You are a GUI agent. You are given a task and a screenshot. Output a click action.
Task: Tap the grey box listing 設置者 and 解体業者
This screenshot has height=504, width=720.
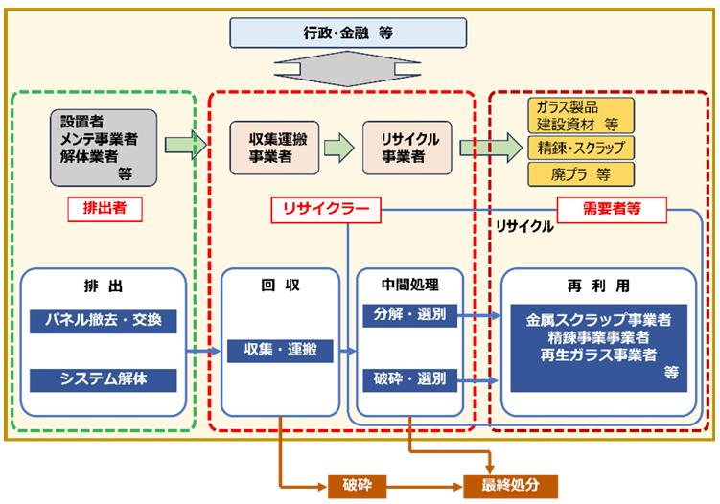(x=103, y=146)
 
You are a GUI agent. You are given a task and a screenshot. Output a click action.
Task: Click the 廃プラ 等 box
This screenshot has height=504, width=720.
(x=581, y=174)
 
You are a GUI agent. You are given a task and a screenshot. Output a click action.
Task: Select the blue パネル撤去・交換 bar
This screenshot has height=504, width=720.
(x=103, y=320)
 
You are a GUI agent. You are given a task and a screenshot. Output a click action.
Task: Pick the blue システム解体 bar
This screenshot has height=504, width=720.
(x=103, y=380)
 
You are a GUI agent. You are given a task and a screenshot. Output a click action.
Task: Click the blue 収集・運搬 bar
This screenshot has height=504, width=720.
(x=279, y=351)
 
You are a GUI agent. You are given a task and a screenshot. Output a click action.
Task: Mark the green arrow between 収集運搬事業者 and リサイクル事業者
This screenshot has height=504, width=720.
(x=337, y=147)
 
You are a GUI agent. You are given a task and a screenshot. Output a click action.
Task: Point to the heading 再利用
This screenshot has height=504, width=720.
(x=599, y=285)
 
